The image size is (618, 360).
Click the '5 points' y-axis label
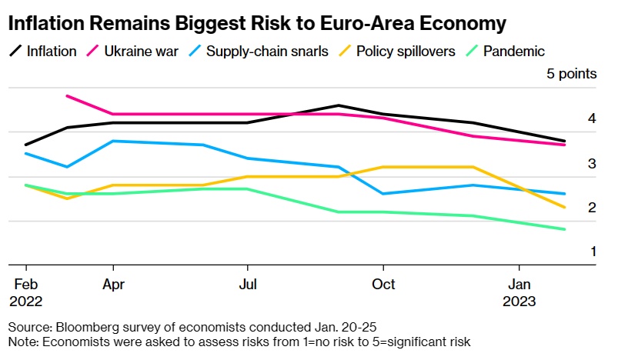571,75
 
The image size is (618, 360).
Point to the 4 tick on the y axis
570,118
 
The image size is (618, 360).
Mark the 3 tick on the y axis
570,163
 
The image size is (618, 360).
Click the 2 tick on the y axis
570,207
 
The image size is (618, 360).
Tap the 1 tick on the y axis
570,252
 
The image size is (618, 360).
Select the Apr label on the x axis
113,285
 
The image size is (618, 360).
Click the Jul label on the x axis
248,285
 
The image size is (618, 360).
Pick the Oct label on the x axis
383,285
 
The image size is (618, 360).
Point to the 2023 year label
520,302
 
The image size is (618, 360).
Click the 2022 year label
26,302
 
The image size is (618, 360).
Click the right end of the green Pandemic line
566,229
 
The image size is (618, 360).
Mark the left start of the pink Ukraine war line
68,96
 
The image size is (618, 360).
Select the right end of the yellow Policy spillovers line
566,207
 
